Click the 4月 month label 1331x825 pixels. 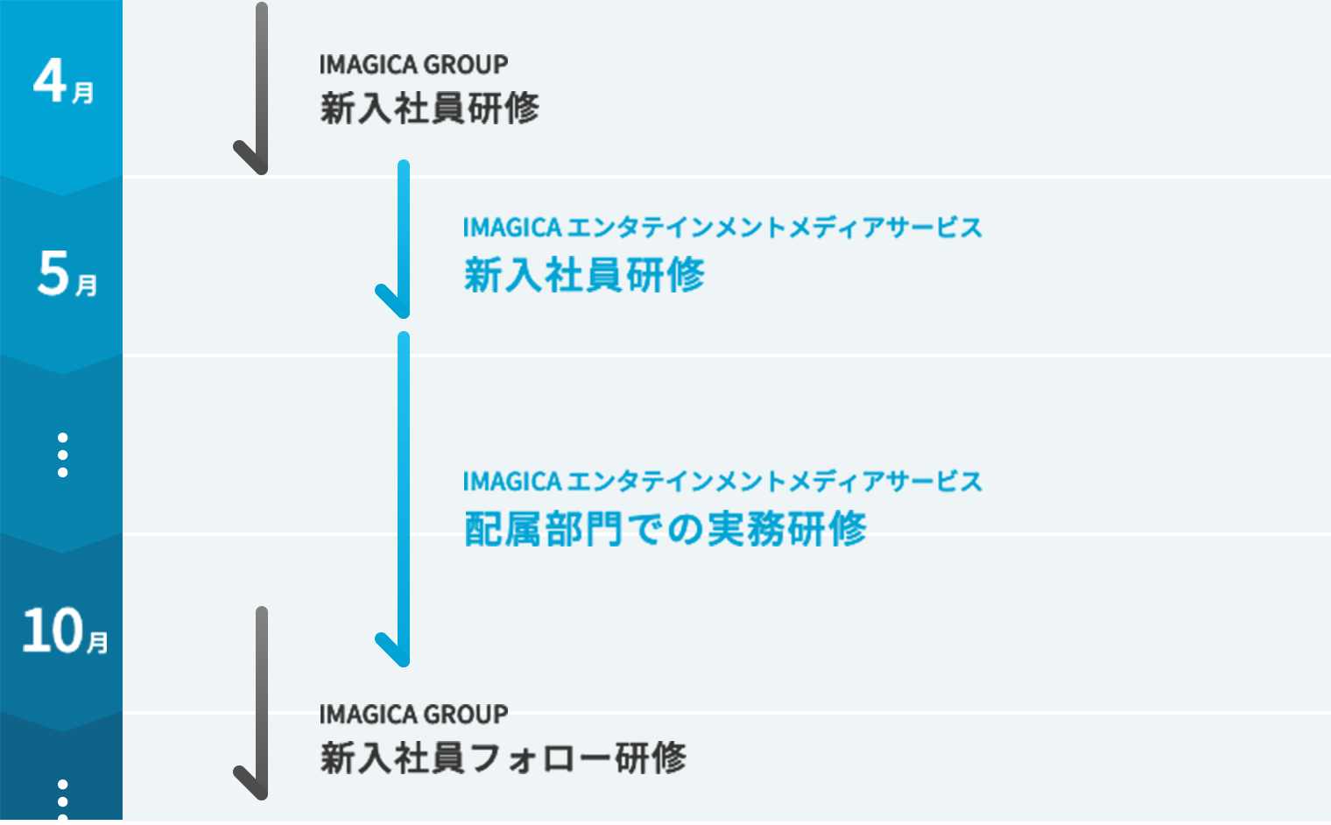pyautogui.click(x=63, y=81)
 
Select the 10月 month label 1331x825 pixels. pyautogui.click(x=65, y=631)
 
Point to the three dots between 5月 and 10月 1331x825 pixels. pyautogui.click(x=62, y=455)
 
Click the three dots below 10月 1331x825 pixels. pyautogui.click(x=62, y=798)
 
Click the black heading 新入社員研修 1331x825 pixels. pyautogui.click(x=429, y=109)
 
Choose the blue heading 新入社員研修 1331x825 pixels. pyautogui.click(x=584, y=275)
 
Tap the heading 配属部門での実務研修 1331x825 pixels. pyautogui.click(x=665, y=529)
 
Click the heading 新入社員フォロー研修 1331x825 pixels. pyautogui.click(x=503, y=758)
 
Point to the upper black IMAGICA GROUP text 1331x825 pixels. pyautogui.click(x=413, y=65)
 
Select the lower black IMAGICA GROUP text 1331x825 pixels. pyautogui.click(x=413, y=715)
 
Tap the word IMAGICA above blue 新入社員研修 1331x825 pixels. pyautogui.click(x=512, y=228)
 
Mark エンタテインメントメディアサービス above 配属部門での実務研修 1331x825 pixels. pyautogui.click(x=775, y=482)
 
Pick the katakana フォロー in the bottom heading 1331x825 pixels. pyautogui.click(x=539, y=758)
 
